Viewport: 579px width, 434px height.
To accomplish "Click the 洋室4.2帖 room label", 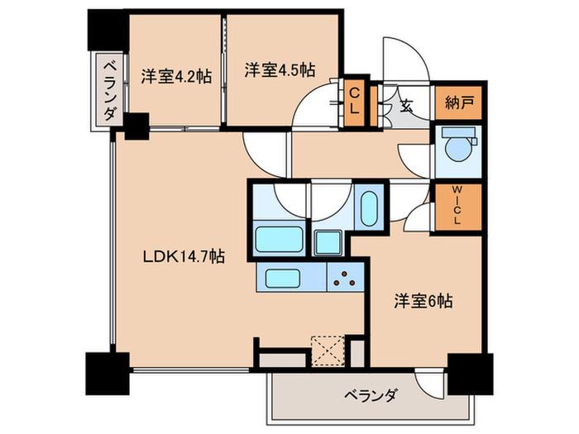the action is point(176,76).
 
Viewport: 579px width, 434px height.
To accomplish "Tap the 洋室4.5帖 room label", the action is point(280,69).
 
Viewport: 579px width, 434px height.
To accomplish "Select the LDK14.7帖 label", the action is point(184,256).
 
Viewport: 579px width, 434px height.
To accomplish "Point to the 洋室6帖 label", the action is point(423,301).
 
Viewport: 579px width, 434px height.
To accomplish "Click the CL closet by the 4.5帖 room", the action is point(354,102).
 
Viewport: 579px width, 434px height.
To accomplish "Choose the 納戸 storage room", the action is point(458,103).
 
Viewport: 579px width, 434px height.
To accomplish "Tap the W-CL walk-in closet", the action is point(458,207).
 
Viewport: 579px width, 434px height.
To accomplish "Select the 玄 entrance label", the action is point(406,107).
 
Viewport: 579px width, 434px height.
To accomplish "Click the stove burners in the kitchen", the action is point(344,279).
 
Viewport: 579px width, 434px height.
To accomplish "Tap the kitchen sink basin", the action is point(283,279).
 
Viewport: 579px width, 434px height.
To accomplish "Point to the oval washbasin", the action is point(369,208).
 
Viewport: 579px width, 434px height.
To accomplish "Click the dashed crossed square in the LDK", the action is point(328,351).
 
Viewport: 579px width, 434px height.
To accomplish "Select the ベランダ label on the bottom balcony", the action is point(371,396).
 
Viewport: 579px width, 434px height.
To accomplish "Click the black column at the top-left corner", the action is point(108,30).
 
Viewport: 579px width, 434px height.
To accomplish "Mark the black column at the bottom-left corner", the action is point(108,374).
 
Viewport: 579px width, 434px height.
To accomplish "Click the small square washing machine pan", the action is point(328,242).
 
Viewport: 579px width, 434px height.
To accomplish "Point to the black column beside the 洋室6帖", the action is point(470,374).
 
